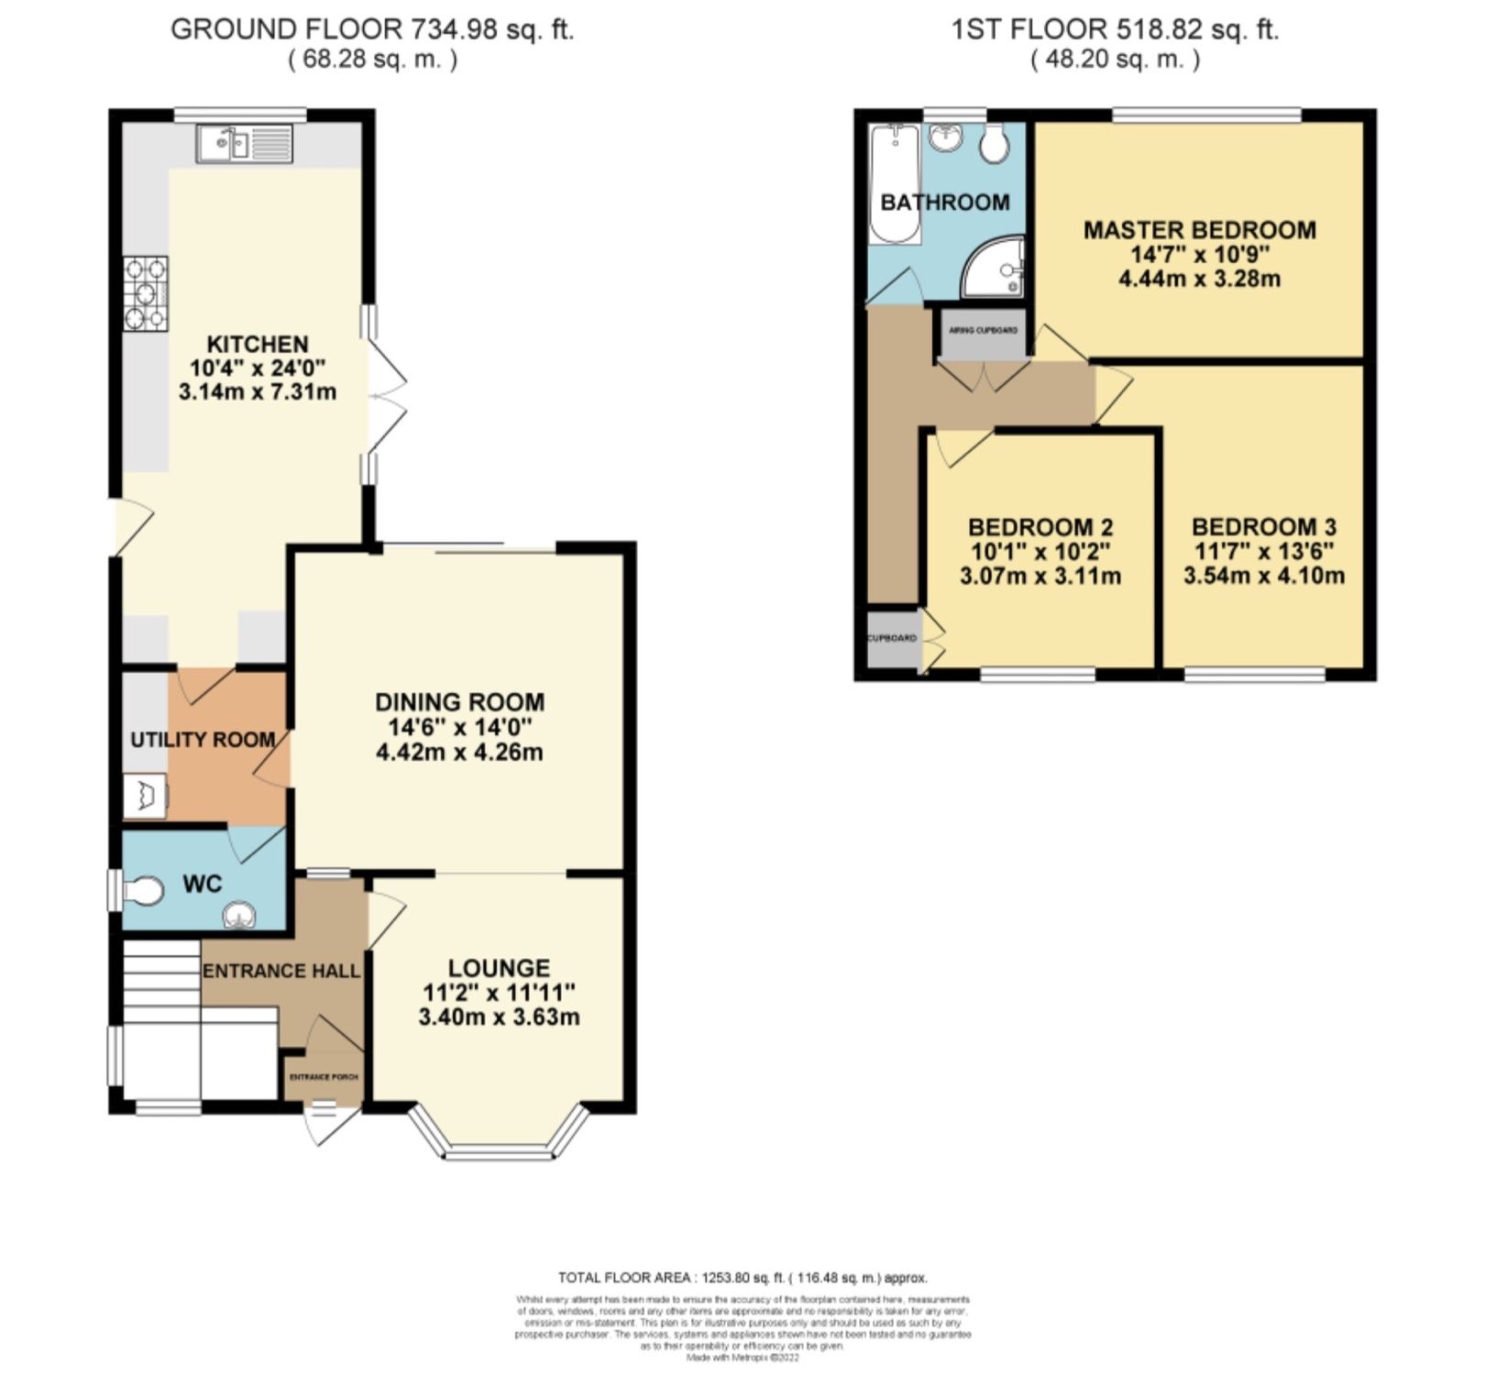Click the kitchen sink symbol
tap(243, 145)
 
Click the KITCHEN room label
tap(258, 345)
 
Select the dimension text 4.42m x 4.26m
tap(459, 753)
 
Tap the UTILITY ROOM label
tap(203, 740)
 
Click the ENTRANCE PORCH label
tap(323, 1077)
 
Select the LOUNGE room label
tap(499, 968)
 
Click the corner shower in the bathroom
tap(997, 269)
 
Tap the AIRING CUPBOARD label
tap(983, 330)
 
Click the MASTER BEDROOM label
tap(1199, 230)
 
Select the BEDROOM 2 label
tap(1040, 528)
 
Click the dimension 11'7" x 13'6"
tap(1263, 552)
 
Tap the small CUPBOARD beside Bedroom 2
tap(892, 638)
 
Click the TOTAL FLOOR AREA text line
tap(742, 1278)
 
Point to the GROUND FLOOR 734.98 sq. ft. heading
tap(372, 29)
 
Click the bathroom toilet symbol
tap(993, 143)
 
